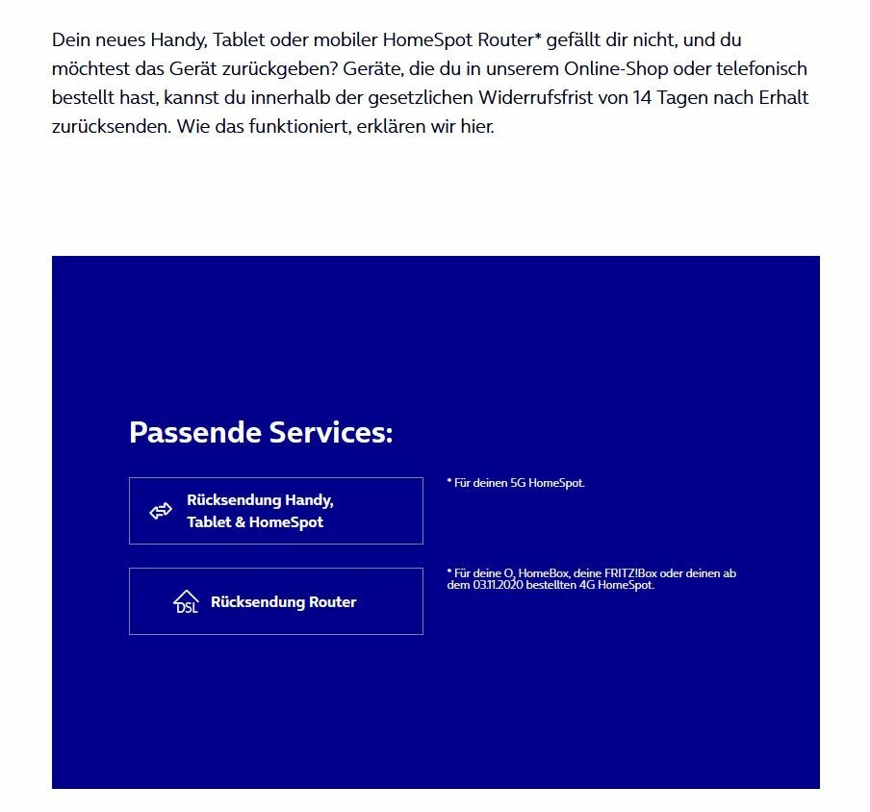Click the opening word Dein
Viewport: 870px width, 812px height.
pyautogui.click(x=70, y=40)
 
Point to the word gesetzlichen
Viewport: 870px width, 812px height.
pyautogui.click(x=423, y=98)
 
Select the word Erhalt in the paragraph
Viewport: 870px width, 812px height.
pyautogui.click(x=781, y=98)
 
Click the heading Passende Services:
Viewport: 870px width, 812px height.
pyautogui.click(x=261, y=432)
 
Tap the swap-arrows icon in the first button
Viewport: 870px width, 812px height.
pyautogui.click(x=161, y=512)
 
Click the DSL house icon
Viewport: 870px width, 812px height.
pyautogui.click(x=186, y=602)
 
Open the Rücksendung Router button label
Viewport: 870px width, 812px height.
pyautogui.click(x=283, y=602)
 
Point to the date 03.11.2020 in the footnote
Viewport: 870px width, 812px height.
pyautogui.click(x=499, y=585)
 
